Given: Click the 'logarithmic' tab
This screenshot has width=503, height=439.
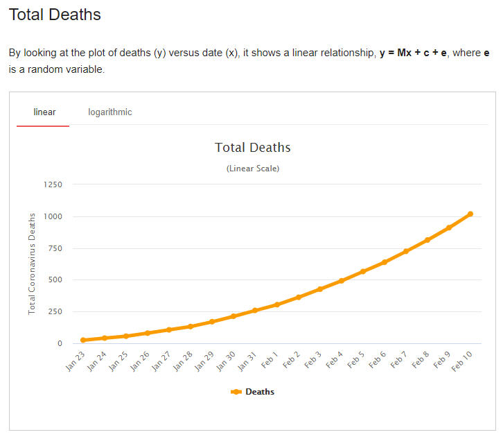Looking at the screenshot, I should (x=109, y=112).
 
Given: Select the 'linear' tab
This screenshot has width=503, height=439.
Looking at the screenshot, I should (x=44, y=112).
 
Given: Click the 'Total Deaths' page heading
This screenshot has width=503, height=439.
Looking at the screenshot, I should (x=55, y=15).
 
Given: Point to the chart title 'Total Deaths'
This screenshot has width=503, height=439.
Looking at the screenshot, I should (x=252, y=147).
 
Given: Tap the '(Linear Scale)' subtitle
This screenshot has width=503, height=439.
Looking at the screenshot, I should (x=252, y=169).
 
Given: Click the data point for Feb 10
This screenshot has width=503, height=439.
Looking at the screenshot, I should (x=470, y=214).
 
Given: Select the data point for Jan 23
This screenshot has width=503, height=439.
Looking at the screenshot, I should (x=83, y=341).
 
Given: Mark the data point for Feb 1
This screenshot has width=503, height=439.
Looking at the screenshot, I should (x=276, y=304).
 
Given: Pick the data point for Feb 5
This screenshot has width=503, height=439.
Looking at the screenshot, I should (x=362, y=271).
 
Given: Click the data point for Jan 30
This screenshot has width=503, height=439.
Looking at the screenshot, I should (x=233, y=316).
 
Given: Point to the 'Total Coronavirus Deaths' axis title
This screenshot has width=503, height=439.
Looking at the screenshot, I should (x=32, y=264).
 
